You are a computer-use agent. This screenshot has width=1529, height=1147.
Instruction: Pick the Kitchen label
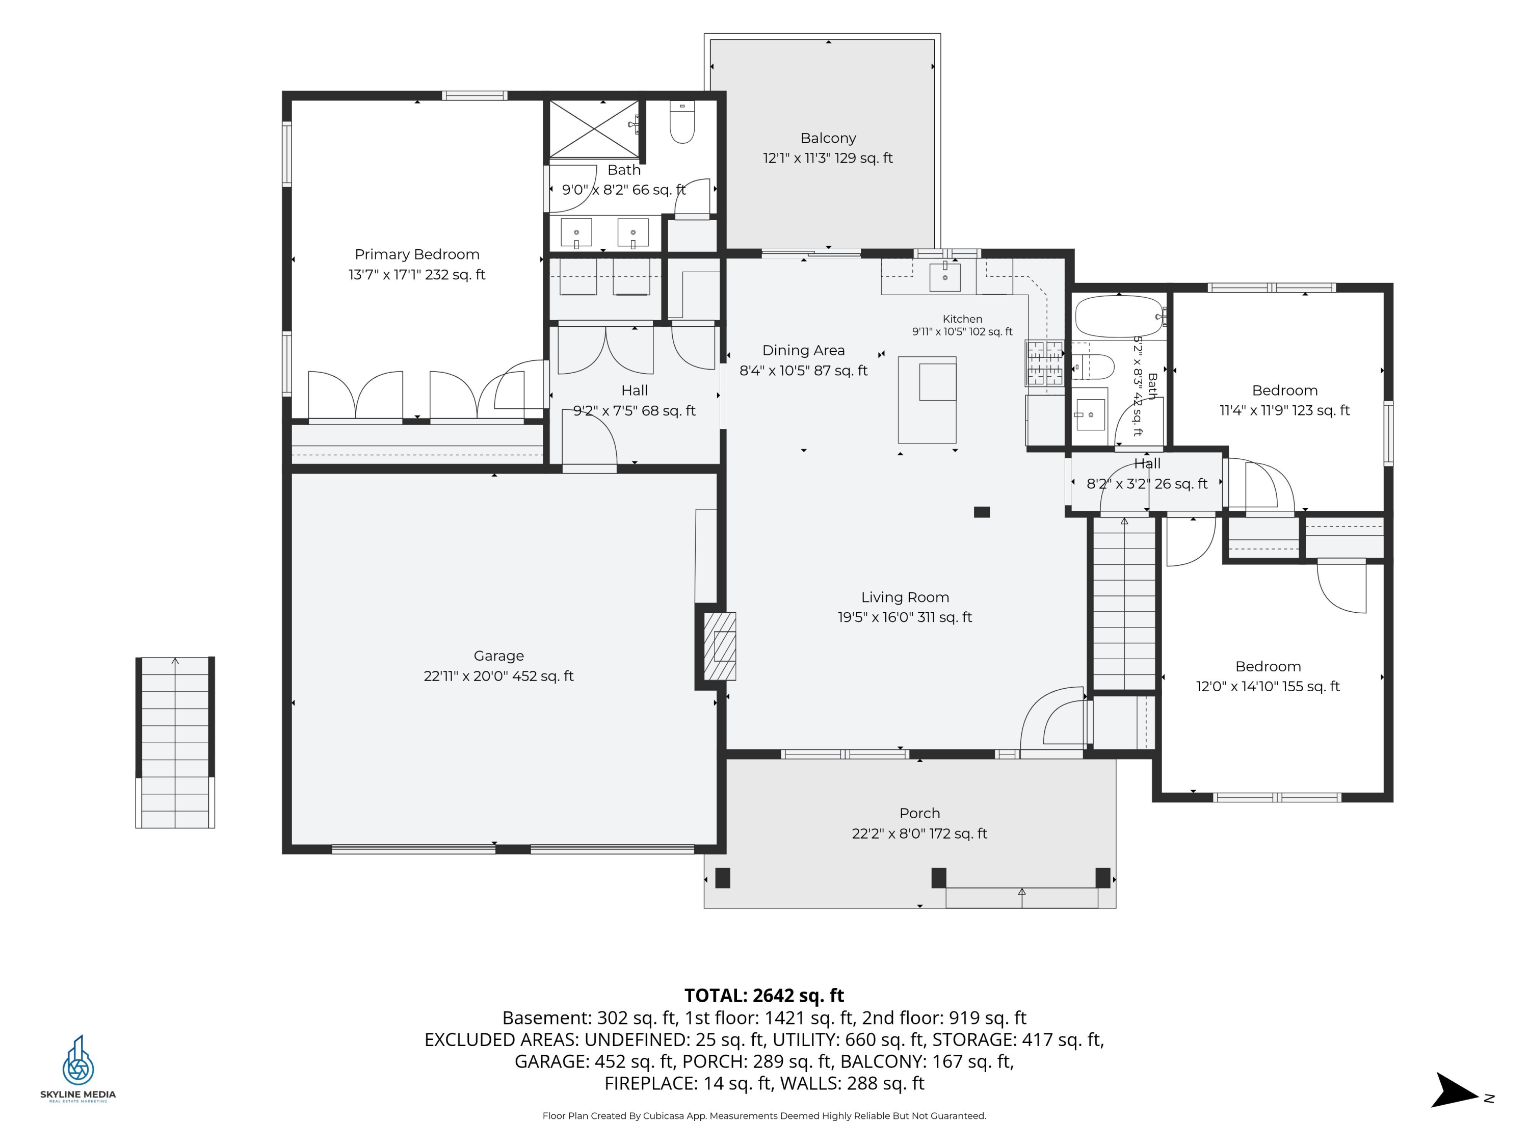coord(962,319)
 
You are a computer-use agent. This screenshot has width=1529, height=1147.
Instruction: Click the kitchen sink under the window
coord(945,276)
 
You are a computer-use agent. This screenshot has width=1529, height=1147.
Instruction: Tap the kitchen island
coord(927,400)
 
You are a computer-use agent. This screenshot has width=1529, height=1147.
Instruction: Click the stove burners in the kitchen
coord(1044,363)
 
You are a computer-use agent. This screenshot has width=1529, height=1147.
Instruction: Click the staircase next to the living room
coord(1124,603)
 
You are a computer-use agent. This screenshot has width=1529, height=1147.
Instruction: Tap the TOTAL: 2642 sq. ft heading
coord(764,995)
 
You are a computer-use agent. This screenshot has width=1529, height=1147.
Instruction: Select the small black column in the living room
coord(982,512)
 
